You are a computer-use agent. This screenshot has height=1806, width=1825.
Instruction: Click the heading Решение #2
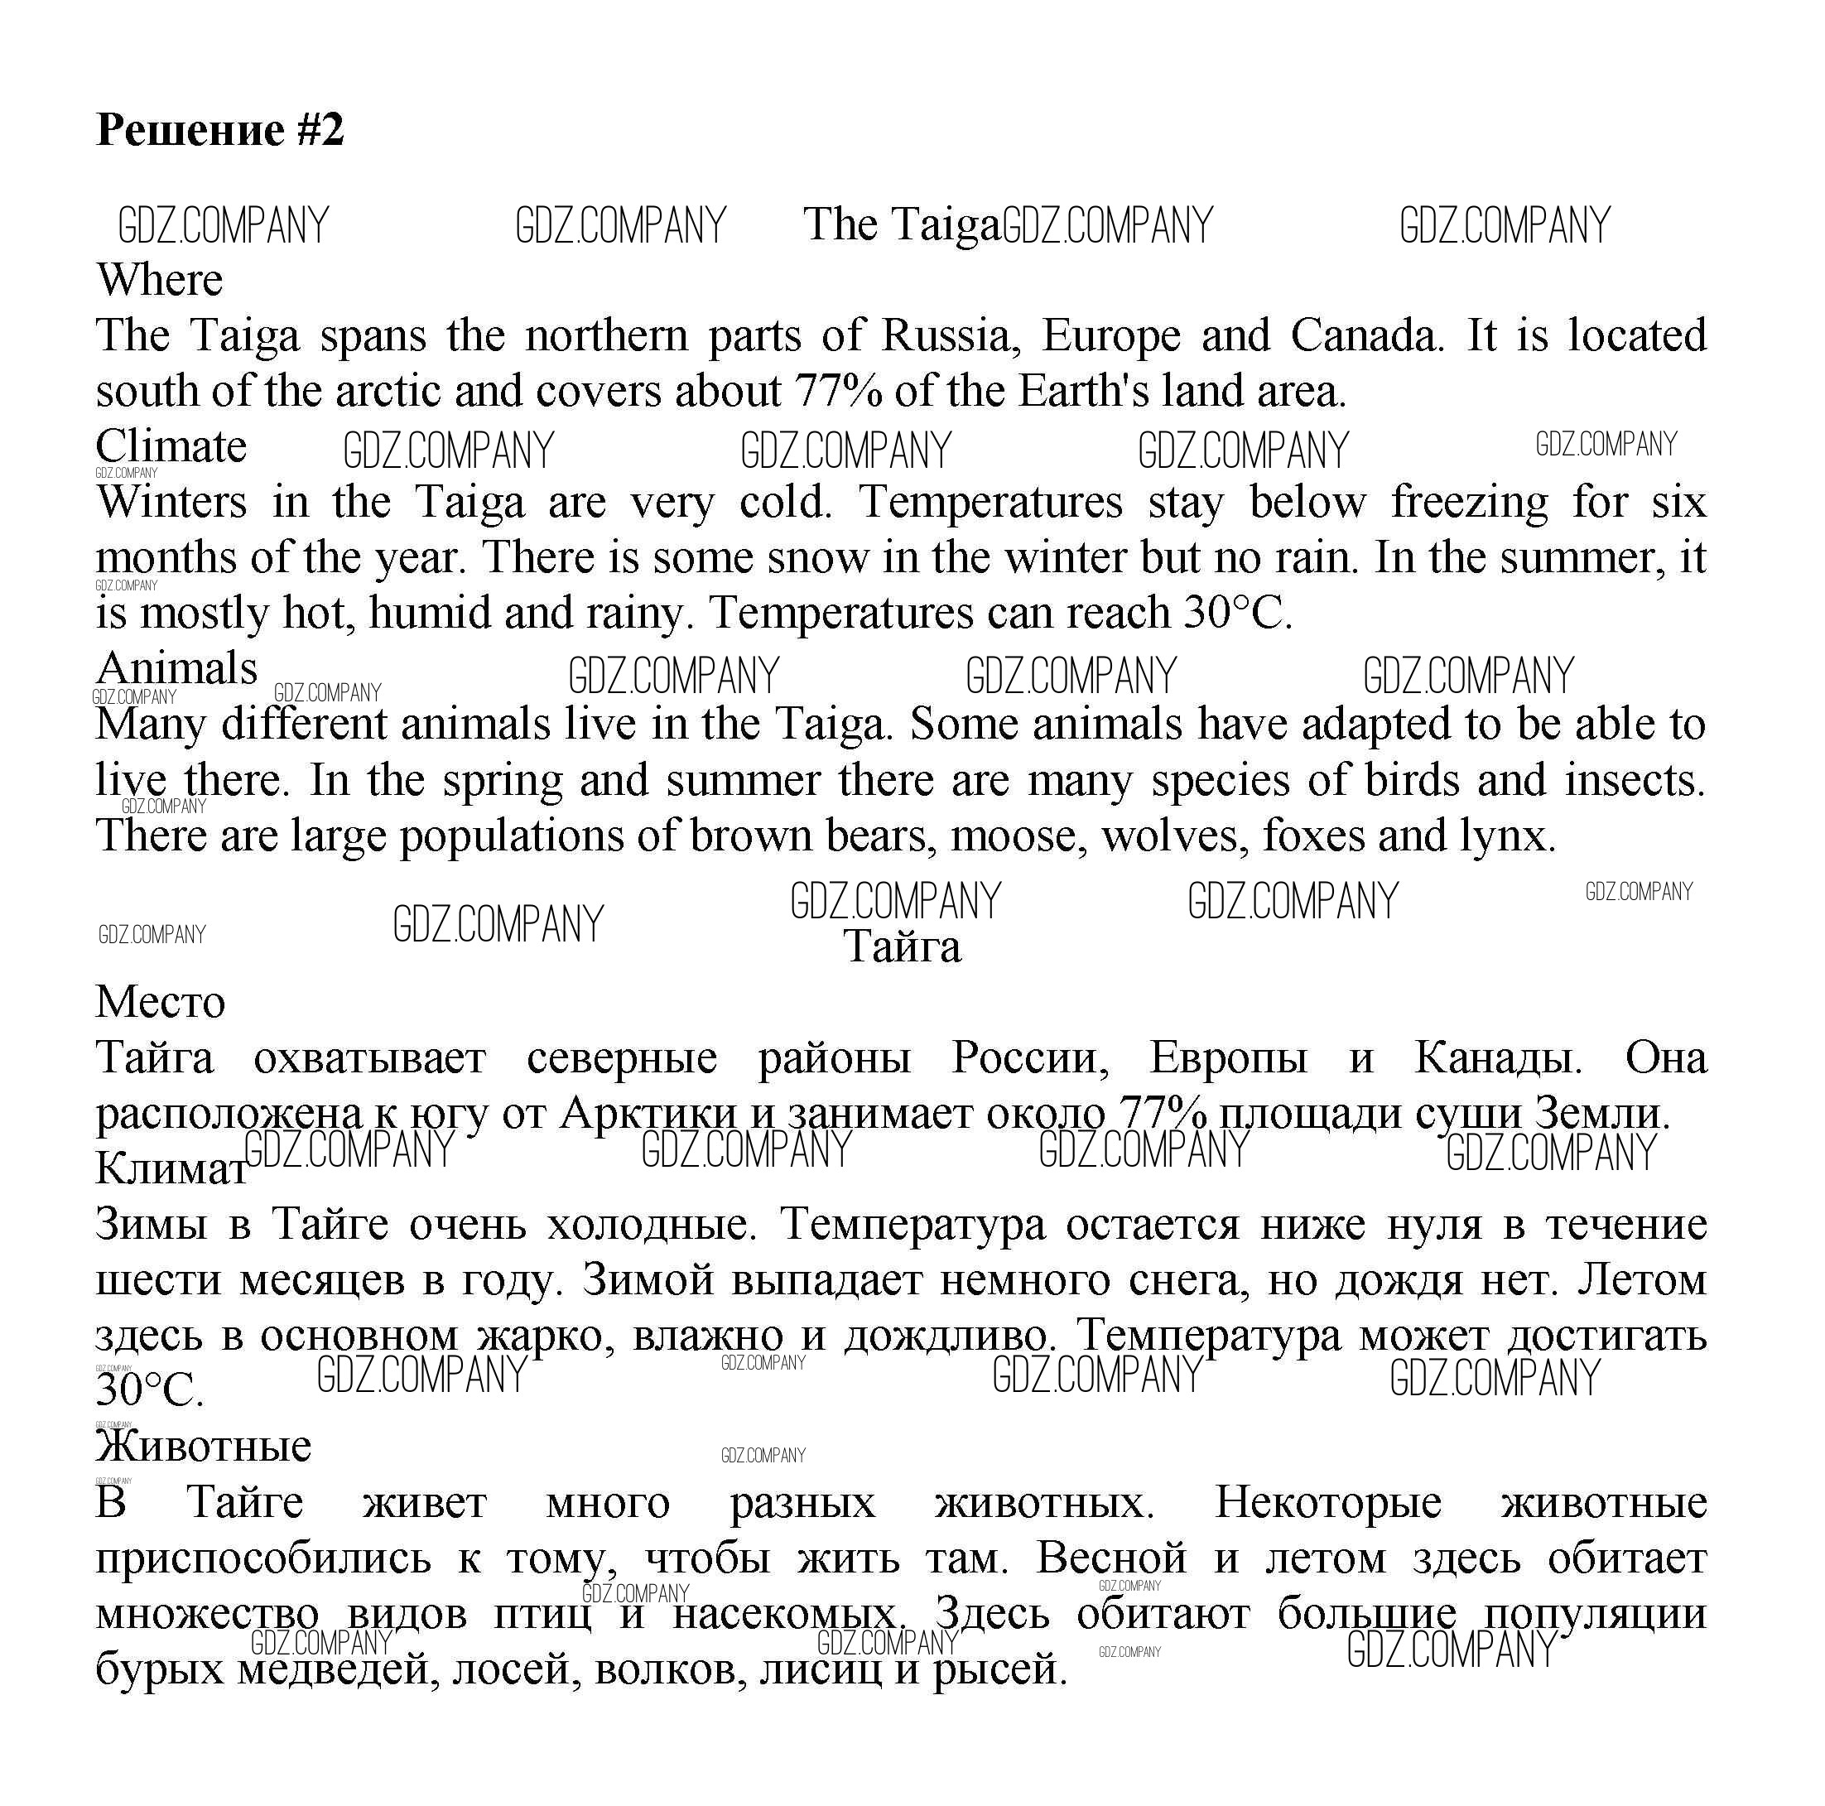coord(220,129)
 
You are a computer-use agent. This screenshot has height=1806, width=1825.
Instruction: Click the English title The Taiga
coord(900,224)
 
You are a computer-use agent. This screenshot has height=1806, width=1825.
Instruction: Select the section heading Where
coord(160,280)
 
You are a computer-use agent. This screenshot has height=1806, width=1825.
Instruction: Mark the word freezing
coord(1470,502)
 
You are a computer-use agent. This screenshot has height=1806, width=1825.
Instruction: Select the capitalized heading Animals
coord(176,669)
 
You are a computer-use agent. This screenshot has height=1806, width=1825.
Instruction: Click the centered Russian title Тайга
coord(902,946)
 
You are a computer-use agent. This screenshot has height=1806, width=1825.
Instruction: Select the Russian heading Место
coord(161,1002)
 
